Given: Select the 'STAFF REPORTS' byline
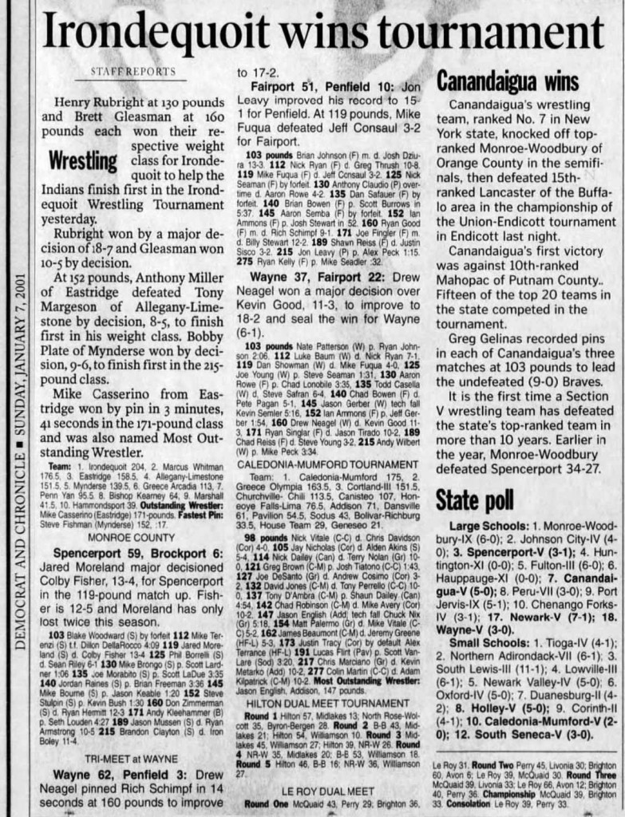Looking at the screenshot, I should pos(133,72).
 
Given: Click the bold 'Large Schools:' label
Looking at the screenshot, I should pos(488,527).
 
